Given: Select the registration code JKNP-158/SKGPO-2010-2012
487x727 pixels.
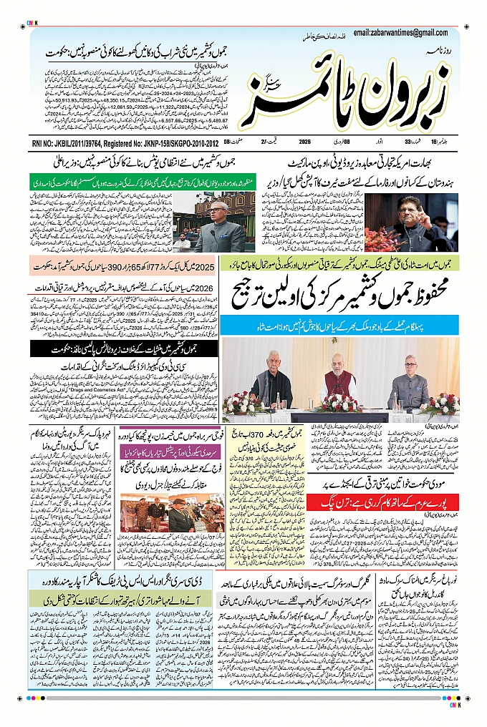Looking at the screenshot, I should [168, 143].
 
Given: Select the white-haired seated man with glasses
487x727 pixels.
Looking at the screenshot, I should [408, 379].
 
